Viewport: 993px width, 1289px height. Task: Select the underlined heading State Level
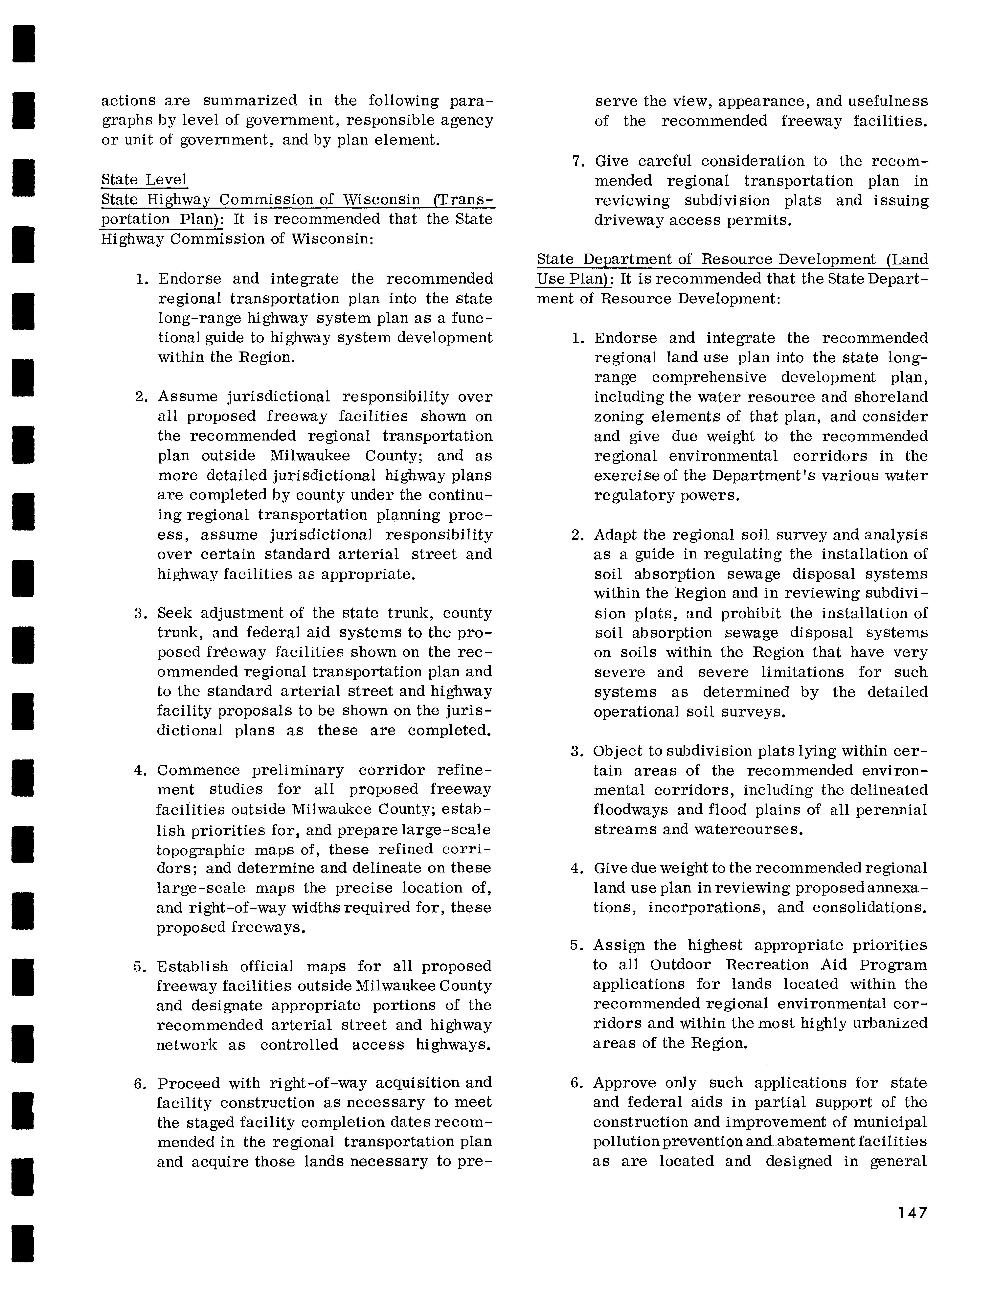(144, 179)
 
